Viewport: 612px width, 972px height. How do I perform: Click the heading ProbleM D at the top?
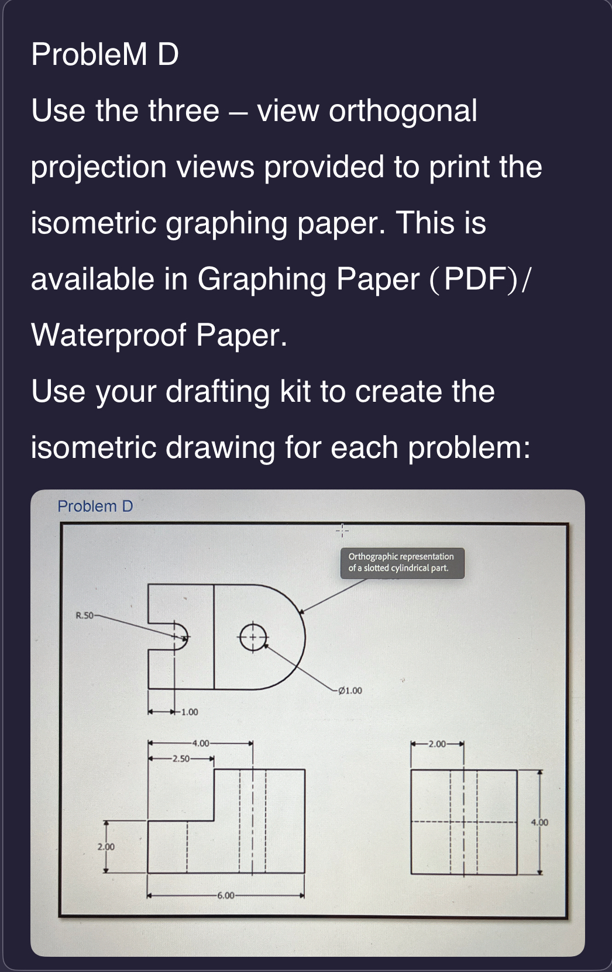[x=105, y=54]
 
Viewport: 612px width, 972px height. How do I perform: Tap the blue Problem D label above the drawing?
[x=95, y=506]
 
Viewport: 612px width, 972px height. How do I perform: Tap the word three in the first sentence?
[x=184, y=111]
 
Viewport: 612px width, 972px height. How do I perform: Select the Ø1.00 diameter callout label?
[x=349, y=690]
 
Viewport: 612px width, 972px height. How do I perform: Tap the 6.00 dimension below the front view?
[x=225, y=895]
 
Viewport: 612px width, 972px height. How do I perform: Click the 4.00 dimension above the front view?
[x=200, y=743]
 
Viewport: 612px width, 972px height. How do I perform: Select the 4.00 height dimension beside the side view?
[x=539, y=822]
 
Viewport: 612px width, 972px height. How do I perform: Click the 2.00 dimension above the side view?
[x=437, y=744]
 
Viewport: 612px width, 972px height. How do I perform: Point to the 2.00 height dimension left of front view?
[x=106, y=846]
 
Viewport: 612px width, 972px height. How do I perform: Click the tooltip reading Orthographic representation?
[x=402, y=563]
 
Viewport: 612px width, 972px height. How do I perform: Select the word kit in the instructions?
[x=295, y=391]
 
